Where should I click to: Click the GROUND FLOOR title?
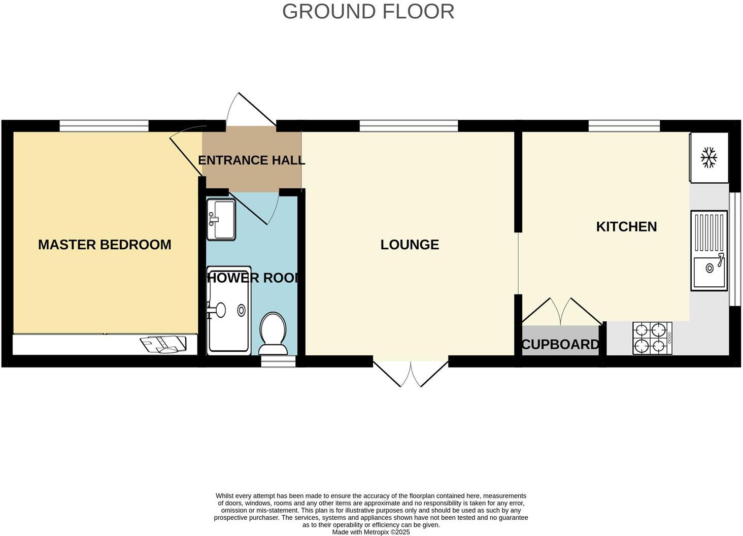click(x=368, y=12)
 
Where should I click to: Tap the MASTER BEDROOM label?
click(x=105, y=245)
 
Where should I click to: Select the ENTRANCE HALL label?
click(x=251, y=160)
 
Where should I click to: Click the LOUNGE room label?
click(x=410, y=245)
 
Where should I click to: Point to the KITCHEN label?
click(x=626, y=226)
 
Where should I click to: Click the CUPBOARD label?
click(x=560, y=345)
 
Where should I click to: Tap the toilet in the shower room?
click(x=273, y=332)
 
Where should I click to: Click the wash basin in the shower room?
click(x=221, y=219)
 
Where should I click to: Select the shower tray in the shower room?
click(x=228, y=310)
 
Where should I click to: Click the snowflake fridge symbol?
click(x=708, y=157)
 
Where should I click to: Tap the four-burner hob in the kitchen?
click(x=652, y=338)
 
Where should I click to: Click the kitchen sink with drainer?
click(x=709, y=251)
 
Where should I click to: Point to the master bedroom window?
click(x=104, y=125)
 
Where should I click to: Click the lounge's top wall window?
click(x=409, y=125)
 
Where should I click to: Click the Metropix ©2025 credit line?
click(x=370, y=532)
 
